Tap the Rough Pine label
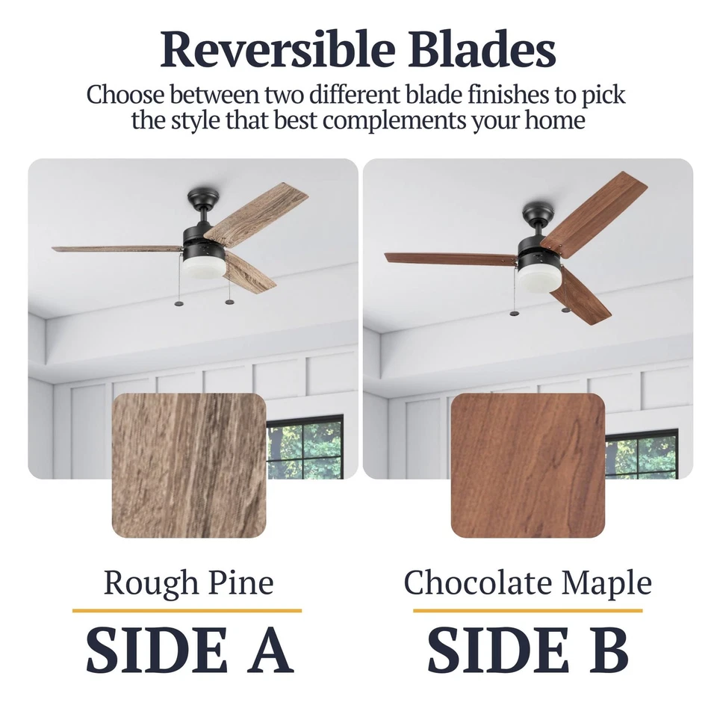188,583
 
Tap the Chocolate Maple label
527,583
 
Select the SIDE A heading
188,650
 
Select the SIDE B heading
527,650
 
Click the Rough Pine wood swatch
189,465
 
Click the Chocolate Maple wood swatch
527,465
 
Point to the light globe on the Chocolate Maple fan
536,279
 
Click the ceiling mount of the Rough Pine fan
204,198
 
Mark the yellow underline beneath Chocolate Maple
527,610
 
